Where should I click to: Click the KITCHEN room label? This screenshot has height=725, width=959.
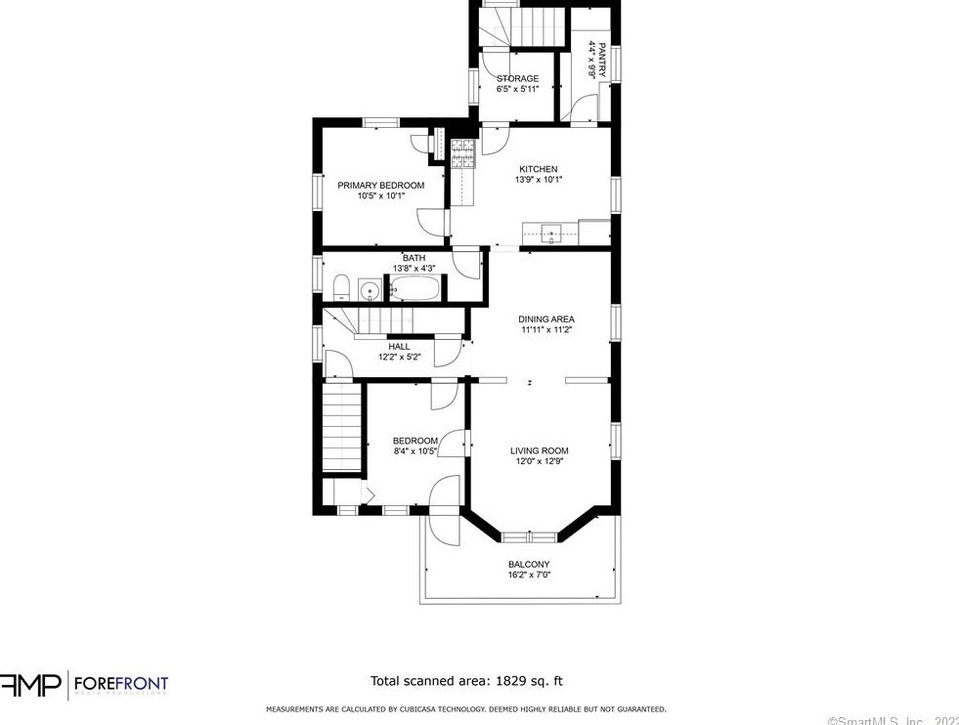click(x=538, y=169)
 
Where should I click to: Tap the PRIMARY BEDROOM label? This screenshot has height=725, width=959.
click(x=380, y=185)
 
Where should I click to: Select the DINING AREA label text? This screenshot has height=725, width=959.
click(x=545, y=319)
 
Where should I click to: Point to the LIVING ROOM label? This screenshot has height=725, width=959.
click(x=539, y=450)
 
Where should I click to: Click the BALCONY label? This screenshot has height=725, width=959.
click(x=528, y=564)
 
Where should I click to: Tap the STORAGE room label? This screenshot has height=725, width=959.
click(x=517, y=78)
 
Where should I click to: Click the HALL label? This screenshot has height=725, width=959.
click(x=399, y=346)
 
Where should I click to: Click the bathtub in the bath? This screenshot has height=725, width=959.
click(x=415, y=289)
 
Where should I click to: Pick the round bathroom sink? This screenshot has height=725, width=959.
click(x=370, y=289)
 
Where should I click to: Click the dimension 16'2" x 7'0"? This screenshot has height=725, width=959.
click(x=528, y=576)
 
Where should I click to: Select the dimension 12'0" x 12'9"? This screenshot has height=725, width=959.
click(x=539, y=461)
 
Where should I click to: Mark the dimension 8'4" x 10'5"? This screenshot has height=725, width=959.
click(x=414, y=451)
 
